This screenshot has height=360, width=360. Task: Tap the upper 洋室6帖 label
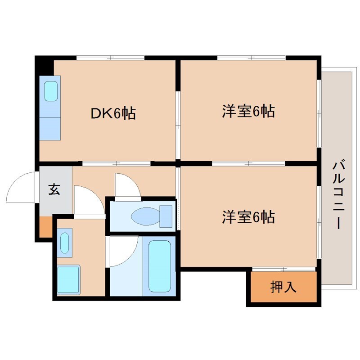pos(248,111)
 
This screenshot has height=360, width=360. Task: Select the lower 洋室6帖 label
pos(248,218)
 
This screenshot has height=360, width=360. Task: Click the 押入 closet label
pos(283,287)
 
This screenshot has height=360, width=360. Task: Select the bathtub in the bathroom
pos(160,265)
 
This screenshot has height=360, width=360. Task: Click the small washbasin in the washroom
pos(65,243)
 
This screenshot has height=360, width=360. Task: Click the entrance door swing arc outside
pos(20,187)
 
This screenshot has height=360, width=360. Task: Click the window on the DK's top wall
pos(110,58)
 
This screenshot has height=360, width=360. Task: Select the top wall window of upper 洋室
pos(251,58)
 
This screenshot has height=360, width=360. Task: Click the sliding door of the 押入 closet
pos(283,270)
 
